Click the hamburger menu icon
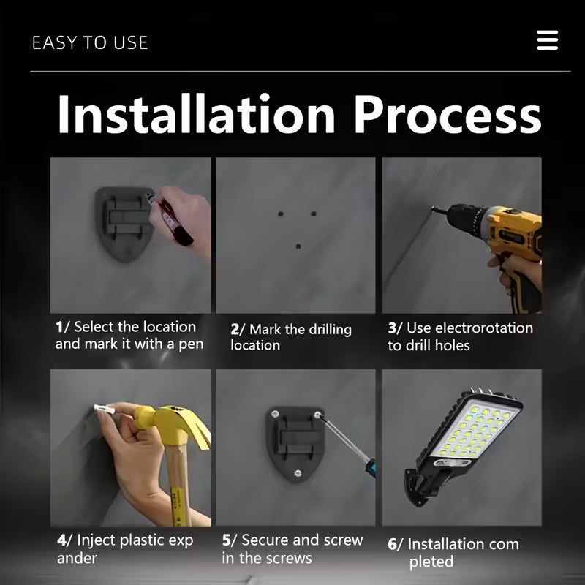click(547, 40)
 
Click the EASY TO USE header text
click(90, 42)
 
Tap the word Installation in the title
click(196, 114)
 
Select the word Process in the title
click(448, 114)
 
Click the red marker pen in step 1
click(171, 221)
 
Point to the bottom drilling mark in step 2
click(298, 246)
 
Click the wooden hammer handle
click(179, 485)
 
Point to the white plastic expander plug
click(104, 409)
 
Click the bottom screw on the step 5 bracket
click(298, 474)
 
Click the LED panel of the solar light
click(477, 430)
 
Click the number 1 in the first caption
click(59, 327)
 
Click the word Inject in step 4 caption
click(97, 540)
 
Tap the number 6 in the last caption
click(392, 545)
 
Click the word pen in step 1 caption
click(191, 344)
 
